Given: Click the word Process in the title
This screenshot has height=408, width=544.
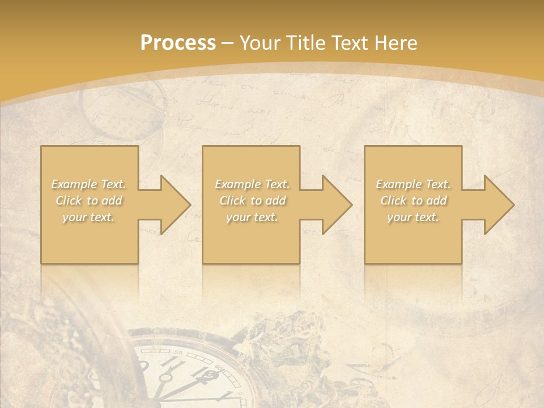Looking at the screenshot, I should click(x=178, y=43).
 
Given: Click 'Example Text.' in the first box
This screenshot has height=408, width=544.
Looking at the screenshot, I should click(x=89, y=184).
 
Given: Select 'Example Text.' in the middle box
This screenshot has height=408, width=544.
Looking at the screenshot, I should click(x=252, y=184).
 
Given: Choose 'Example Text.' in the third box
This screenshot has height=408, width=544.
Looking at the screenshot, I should click(x=413, y=184).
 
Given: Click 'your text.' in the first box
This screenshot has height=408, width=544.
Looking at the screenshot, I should click(x=89, y=217).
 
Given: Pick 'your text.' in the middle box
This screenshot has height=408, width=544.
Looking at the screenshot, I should click(x=252, y=217).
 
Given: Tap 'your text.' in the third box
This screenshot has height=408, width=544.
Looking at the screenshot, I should click(x=413, y=217).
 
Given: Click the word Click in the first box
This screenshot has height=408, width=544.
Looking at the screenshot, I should click(x=69, y=201).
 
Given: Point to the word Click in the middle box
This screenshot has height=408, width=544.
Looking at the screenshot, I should click(x=232, y=201).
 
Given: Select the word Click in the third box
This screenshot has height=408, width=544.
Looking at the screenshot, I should click(x=393, y=201).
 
